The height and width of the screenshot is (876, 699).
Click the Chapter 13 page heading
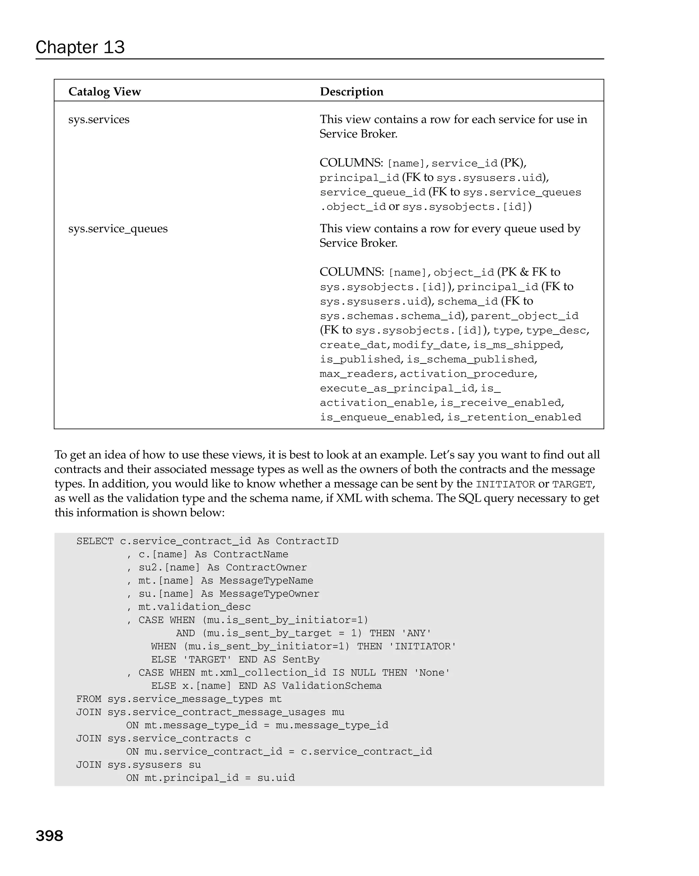click(80, 47)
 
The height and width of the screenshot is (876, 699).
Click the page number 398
click(49, 835)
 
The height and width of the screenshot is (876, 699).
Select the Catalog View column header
click(104, 91)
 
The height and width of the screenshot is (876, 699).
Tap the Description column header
click(351, 91)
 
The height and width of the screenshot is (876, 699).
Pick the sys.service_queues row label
click(118, 228)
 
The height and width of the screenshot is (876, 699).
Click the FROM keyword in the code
click(89, 699)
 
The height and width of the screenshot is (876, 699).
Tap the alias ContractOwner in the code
click(266, 568)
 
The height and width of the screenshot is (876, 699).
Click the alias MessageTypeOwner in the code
click(269, 594)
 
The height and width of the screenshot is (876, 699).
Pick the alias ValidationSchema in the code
click(332, 686)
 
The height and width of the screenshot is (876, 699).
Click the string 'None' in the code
click(431, 673)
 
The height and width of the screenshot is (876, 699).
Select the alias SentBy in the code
click(301, 659)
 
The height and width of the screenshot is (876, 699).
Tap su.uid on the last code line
click(276, 778)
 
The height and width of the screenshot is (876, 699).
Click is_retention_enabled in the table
click(514, 417)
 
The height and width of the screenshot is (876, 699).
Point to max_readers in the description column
click(357, 374)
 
